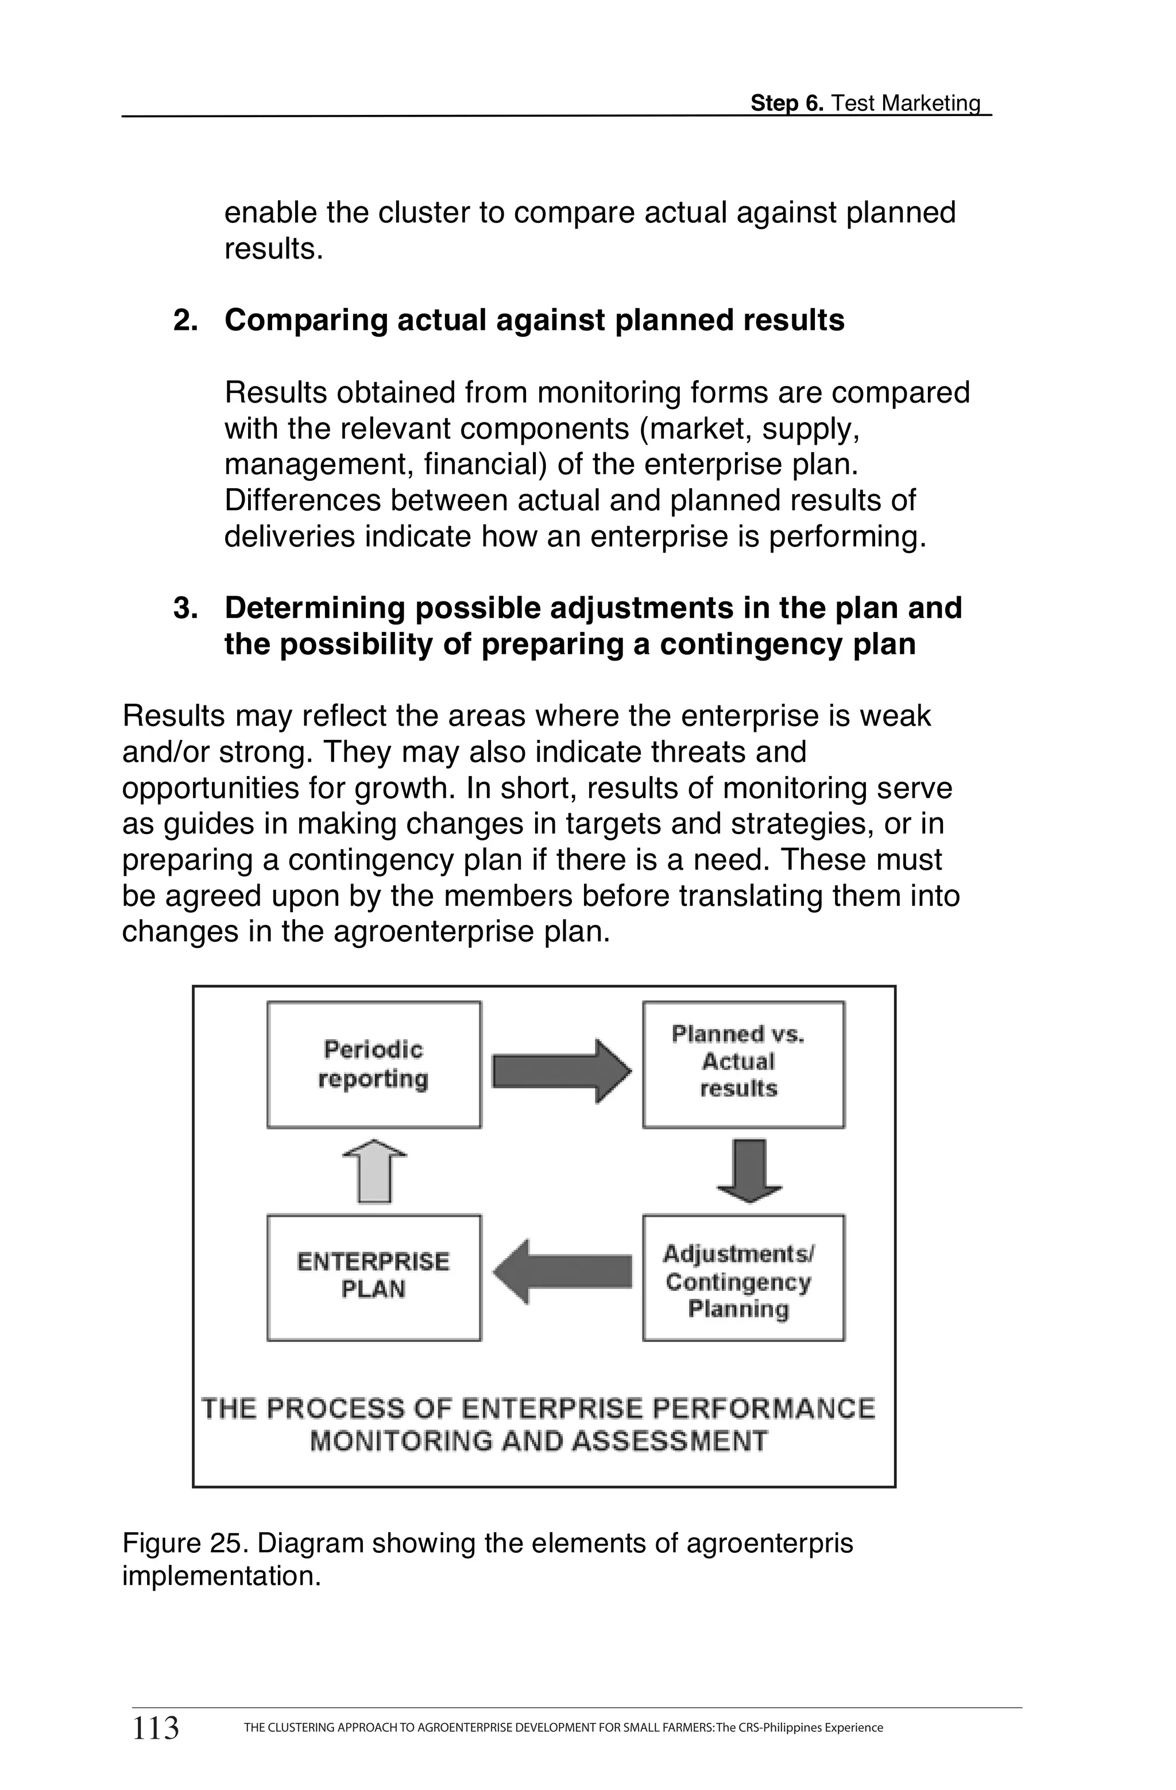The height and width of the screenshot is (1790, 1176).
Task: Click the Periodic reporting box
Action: click(374, 1064)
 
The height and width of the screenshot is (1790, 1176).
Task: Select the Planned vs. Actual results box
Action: click(743, 1064)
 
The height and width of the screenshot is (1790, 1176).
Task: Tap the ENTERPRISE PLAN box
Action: click(374, 1276)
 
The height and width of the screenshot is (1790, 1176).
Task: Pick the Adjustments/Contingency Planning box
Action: click(743, 1276)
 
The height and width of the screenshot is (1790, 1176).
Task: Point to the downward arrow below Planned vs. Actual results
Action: click(749, 1171)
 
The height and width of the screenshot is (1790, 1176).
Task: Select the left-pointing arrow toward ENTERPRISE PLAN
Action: click(562, 1272)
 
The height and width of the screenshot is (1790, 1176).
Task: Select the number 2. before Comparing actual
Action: click(185, 321)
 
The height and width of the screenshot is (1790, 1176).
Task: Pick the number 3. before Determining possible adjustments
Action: click(185, 608)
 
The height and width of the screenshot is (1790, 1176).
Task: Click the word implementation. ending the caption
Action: click(221, 1576)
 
